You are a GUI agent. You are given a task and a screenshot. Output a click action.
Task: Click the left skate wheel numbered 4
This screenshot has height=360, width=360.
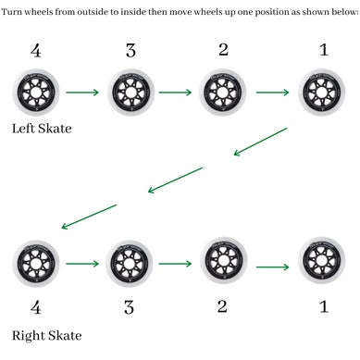(36, 93)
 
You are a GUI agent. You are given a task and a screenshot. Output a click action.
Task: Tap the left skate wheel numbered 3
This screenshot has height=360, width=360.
(130, 93)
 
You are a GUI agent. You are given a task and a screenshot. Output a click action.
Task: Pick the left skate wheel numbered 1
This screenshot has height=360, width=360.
(322, 93)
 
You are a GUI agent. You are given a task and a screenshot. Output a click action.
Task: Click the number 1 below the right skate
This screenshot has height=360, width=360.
(323, 305)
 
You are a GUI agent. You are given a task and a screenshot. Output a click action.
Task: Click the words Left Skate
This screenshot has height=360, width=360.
(42, 128)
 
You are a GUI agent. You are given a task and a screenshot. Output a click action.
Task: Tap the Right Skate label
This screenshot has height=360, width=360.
(46, 335)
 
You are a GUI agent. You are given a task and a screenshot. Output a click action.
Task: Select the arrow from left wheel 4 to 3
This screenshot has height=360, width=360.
(82, 93)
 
